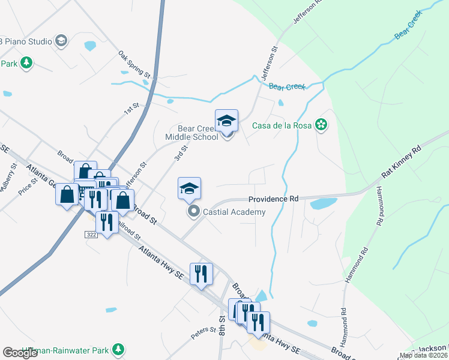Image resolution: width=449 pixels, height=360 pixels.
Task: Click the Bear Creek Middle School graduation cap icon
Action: (227, 121)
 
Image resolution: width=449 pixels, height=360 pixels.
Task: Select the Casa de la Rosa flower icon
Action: (322, 125)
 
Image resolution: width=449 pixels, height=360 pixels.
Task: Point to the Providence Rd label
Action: (274, 199)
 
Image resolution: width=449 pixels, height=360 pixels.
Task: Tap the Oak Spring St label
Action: (134, 64)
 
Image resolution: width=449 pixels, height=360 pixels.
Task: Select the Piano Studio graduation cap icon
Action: (60, 41)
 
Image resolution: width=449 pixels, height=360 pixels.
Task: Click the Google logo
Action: (20, 353)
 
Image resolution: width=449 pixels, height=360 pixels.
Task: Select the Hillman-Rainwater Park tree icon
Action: (119, 349)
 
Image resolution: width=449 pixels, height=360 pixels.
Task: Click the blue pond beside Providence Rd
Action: (324, 203)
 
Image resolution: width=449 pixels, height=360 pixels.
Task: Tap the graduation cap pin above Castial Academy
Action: (189, 188)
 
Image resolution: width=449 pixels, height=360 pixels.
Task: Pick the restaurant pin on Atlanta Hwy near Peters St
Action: (201, 274)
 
